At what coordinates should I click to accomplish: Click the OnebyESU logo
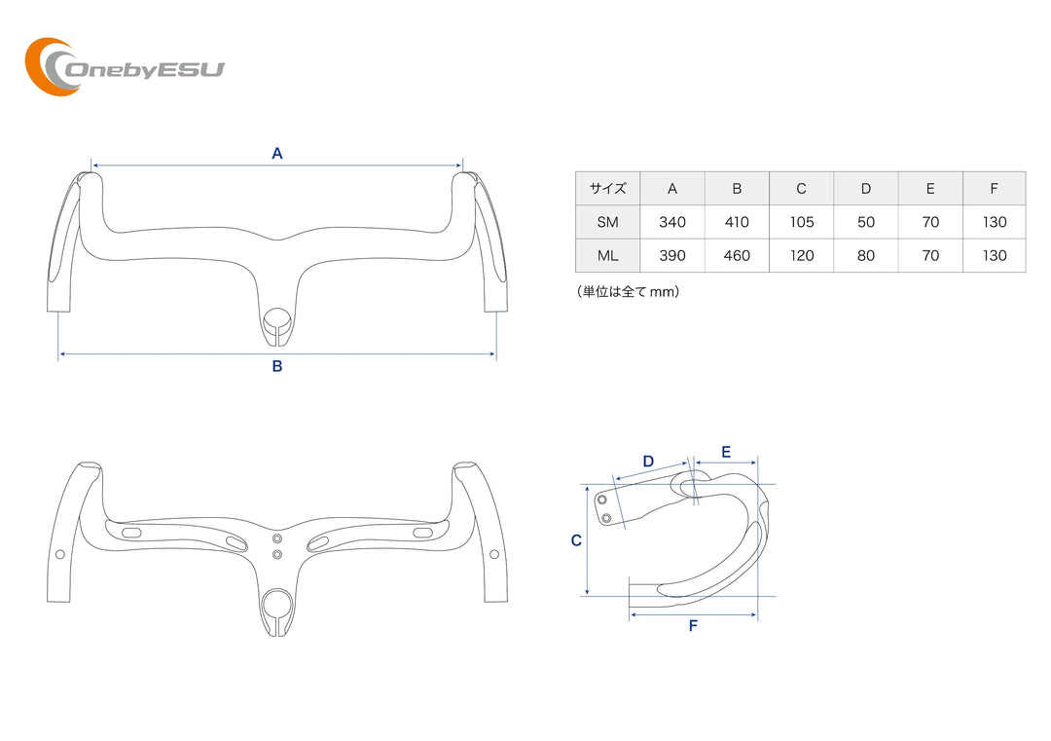tap(124, 67)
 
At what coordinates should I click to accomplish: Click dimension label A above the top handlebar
tap(277, 153)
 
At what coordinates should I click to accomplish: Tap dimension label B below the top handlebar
tap(277, 367)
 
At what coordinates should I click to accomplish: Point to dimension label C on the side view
tap(576, 540)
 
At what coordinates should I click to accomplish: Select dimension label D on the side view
tap(648, 461)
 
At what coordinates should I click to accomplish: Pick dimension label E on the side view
tap(726, 452)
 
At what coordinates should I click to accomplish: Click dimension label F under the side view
tap(693, 626)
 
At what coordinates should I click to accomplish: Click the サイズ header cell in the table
tap(607, 189)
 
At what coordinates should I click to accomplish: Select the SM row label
tap(607, 222)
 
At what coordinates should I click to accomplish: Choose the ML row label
tap(607, 256)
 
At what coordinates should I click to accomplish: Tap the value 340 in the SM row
tap(672, 222)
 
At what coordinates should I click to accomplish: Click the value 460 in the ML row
tap(737, 256)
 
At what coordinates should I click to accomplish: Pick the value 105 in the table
tap(802, 222)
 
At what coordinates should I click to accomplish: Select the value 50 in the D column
tap(866, 222)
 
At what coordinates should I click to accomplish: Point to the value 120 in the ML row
tap(802, 256)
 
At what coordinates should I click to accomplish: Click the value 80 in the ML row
tap(866, 256)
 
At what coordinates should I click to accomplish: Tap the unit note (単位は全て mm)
tap(628, 291)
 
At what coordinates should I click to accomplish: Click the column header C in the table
tap(802, 189)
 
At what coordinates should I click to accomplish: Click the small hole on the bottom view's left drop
tap(60, 554)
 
